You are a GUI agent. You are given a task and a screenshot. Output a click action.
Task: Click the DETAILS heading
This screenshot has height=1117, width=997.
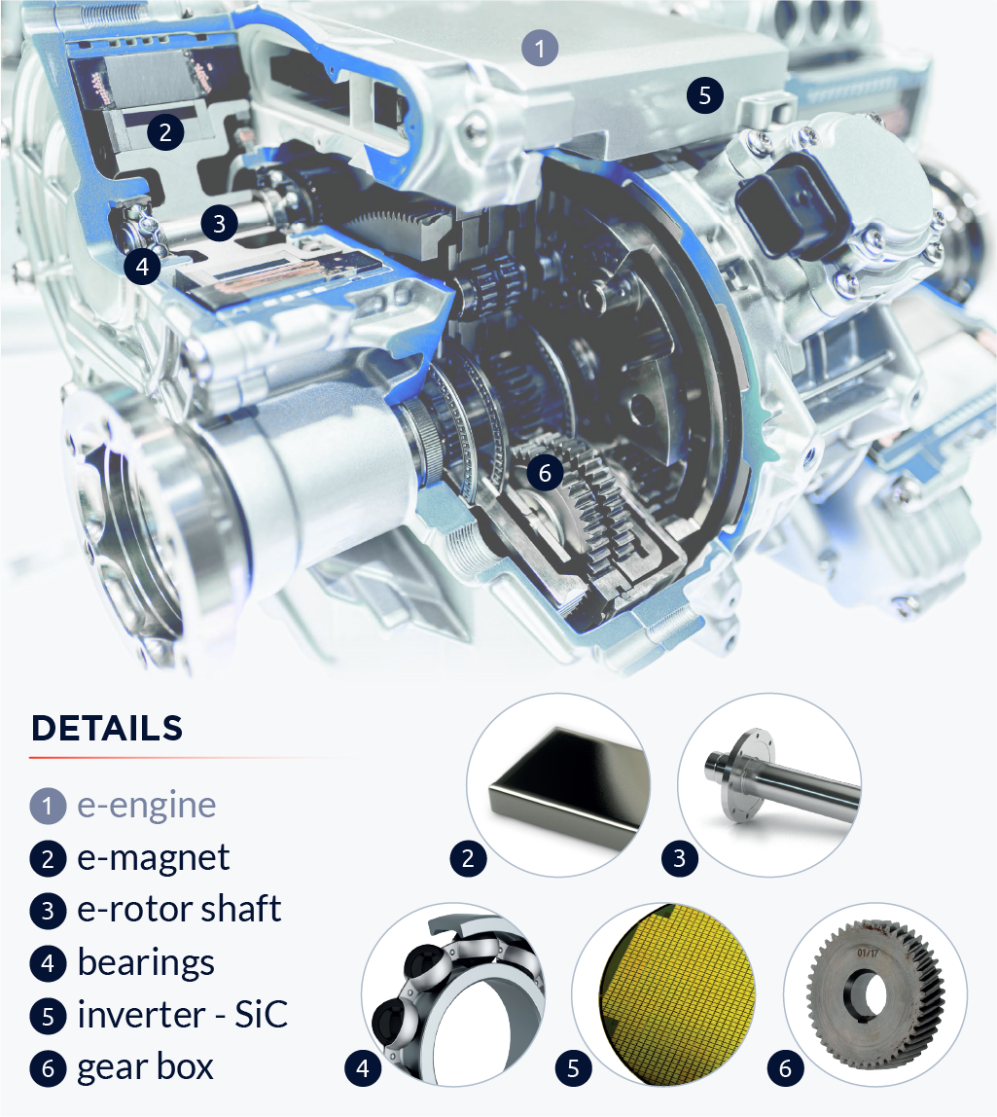pyautogui.click(x=107, y=728)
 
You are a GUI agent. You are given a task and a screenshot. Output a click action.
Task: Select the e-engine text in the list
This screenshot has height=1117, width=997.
pyautogui.click(x=146, y=806)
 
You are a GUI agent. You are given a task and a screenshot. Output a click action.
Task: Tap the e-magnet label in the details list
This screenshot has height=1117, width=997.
pyautogui.click(x=153, y=857)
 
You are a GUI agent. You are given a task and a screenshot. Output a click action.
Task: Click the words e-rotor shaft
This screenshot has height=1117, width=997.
pyautogui.click(x=179, y=909)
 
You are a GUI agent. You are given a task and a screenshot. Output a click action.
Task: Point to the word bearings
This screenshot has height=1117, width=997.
pyautogui.click(x=146, y=962)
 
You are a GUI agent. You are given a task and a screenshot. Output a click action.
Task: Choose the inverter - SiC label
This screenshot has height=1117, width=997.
pyautogui.click(x=182, y=1015)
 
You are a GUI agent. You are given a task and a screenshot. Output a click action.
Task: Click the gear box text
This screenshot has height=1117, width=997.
pyautogui.click(x=145, y=1067)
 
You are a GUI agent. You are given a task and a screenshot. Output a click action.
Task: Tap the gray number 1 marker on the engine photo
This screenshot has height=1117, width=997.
pyautogui.click(x=540, y=48)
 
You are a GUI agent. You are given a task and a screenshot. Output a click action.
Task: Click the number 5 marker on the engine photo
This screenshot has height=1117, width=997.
pyautogui.click(x=704, y=95)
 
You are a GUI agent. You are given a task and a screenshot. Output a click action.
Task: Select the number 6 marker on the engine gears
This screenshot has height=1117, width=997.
pyautogui.click(x=545, y=473)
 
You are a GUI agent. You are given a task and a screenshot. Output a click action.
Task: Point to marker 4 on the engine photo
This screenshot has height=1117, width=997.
pyautogui.click(x=142, y=267)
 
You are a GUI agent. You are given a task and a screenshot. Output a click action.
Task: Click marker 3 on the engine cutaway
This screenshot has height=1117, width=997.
pyautogui.click(x=219, y=223)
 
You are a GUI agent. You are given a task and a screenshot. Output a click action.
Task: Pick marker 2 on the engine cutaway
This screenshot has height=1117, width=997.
pyautogui.click(x=165, y=131)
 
